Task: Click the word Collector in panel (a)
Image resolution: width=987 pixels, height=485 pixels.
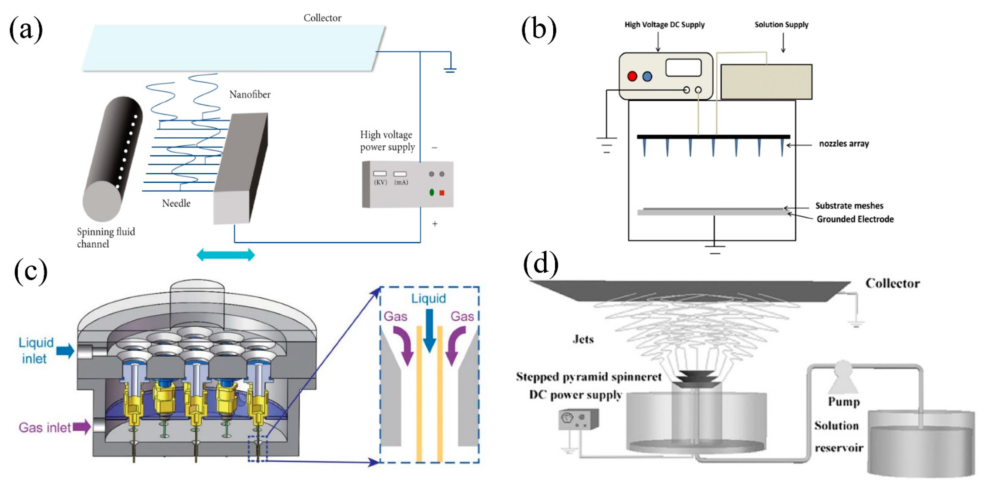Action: point(322,18)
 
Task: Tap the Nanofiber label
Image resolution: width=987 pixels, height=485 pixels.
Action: point(250,95)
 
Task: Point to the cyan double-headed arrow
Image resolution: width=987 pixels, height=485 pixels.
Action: point(225,255)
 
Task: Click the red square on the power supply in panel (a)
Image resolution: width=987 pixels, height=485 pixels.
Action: point(442,193)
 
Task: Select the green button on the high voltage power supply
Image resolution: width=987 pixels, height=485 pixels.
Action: point(431,192)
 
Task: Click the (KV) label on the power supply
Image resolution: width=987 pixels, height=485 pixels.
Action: point(380,182)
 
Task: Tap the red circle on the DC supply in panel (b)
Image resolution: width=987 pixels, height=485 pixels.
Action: point(632,76)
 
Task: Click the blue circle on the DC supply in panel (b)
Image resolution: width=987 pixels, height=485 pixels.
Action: point(647,77)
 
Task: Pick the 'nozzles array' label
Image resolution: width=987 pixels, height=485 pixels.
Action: point(844,144)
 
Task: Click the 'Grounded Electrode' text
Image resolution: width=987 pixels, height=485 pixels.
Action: point(855,219)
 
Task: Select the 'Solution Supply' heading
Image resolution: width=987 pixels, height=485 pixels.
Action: point(781,25)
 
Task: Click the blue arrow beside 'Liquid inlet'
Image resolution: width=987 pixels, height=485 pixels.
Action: point(65,351)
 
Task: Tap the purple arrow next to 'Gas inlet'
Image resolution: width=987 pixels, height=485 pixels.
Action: point(82,427)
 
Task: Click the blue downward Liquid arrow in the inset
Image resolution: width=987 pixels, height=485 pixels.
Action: point(429,330)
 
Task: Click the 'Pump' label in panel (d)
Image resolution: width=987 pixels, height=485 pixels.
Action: point(844,402)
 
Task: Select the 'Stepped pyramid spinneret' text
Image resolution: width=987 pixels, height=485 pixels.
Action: point(589,377)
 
